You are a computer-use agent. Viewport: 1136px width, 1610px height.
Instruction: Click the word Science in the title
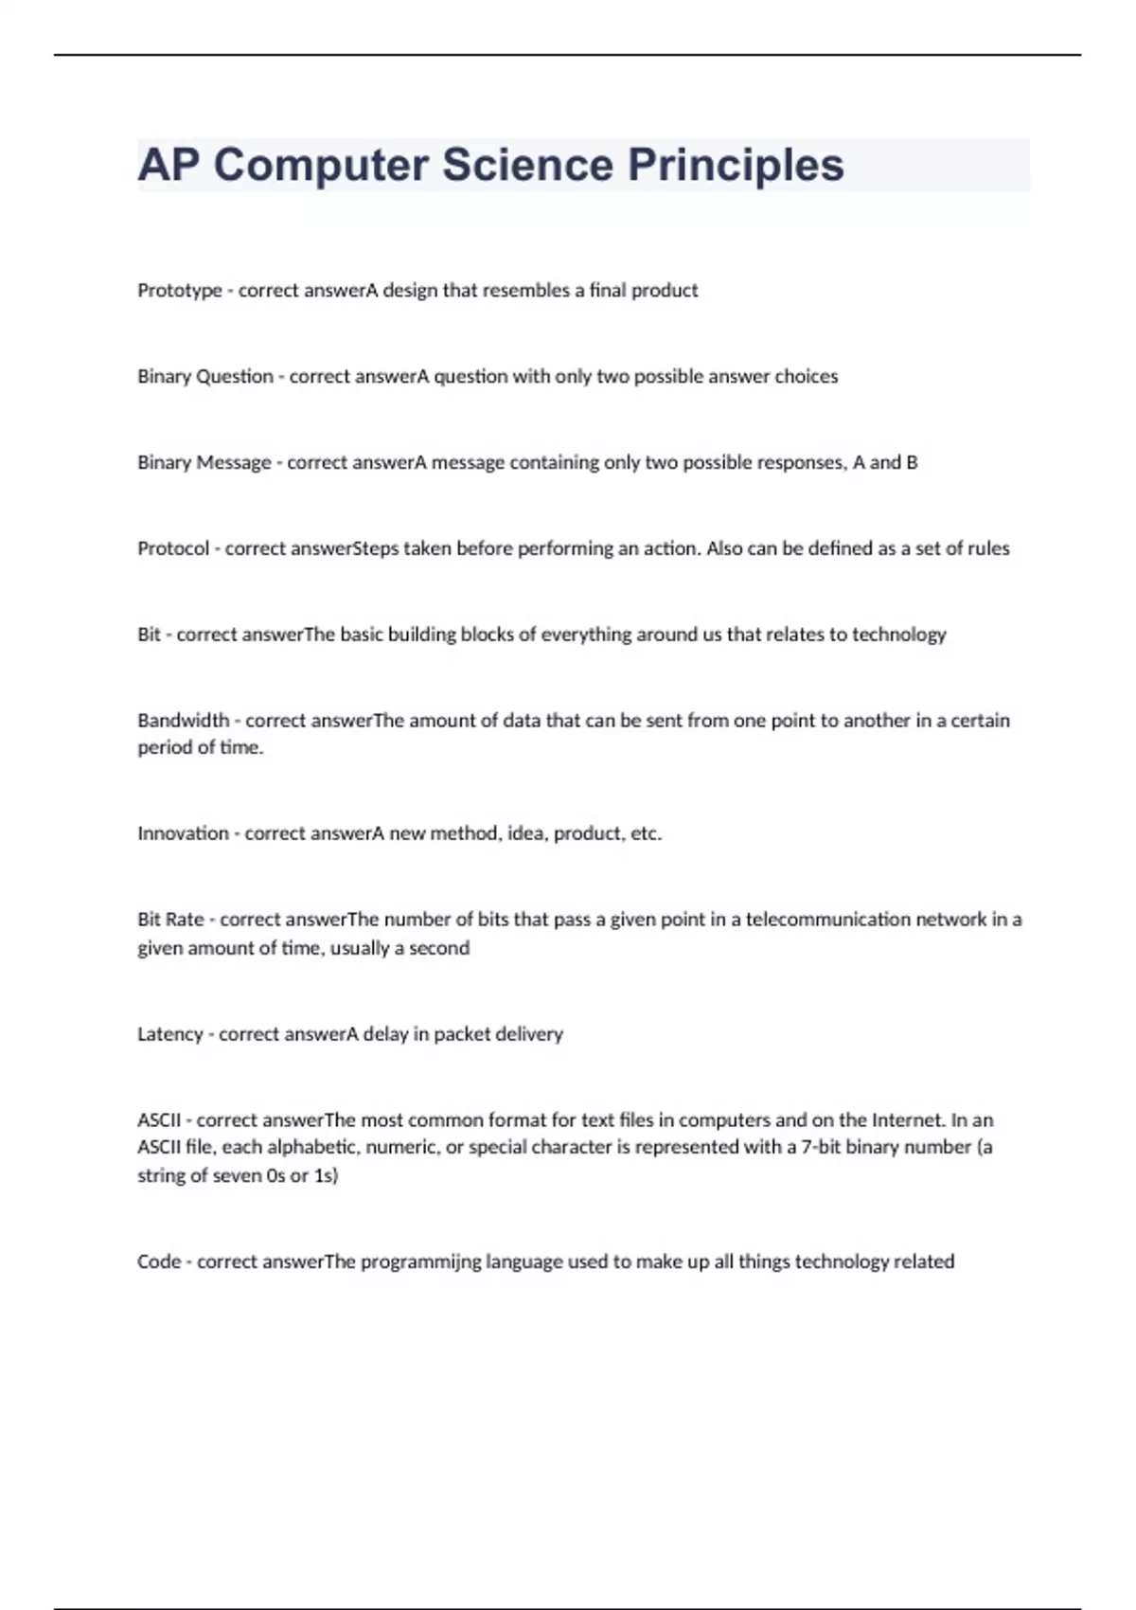[527, 165]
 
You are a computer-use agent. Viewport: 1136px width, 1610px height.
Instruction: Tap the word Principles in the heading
[736, 165]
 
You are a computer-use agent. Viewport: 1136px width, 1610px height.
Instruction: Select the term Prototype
[179, 291]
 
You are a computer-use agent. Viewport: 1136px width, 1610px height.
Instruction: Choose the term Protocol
[173, 549]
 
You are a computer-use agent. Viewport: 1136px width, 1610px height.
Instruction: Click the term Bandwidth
[183, 721]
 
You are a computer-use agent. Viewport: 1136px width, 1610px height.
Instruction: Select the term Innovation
[183, 834]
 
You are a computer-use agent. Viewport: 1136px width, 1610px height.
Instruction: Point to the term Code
[158, 1262]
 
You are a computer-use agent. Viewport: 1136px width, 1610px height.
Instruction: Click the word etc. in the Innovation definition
[646, 834]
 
